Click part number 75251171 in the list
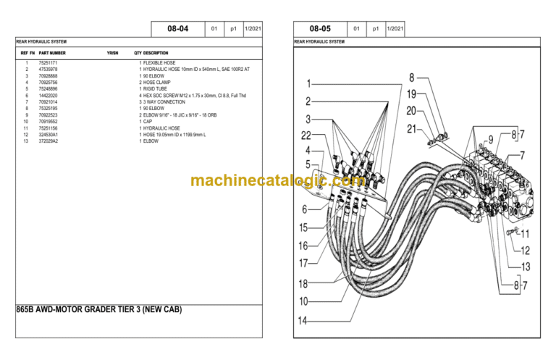49,64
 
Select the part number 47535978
49,70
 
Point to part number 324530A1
49,135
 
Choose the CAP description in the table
149,122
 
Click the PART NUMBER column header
52,54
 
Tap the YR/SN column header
112,54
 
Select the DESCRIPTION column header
156,54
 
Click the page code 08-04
177,29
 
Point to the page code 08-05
319,29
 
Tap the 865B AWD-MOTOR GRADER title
98,310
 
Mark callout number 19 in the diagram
412,94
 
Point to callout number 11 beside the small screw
525,234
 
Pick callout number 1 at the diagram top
308,84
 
